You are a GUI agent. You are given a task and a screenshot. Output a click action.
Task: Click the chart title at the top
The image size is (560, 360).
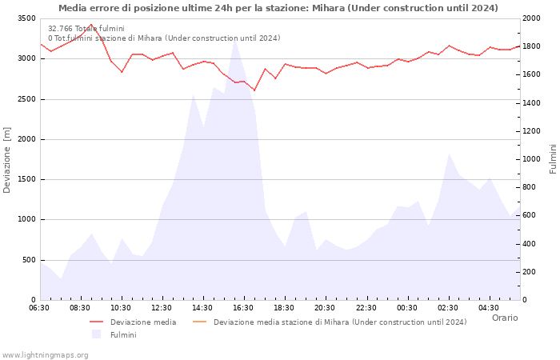coord(278,8)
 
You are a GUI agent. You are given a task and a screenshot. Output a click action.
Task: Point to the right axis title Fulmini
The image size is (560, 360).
coord(553,158)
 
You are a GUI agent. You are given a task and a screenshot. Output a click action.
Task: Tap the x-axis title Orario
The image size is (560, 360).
coord(504,318)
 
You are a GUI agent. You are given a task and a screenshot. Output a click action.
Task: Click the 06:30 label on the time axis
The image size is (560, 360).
coord(39,308)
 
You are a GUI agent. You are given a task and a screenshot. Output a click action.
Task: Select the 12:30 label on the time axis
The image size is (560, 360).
coord(162,308)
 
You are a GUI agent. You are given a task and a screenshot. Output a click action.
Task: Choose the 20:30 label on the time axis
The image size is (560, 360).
coord(325,308)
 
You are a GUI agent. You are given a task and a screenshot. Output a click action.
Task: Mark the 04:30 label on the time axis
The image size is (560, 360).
coord(488,308)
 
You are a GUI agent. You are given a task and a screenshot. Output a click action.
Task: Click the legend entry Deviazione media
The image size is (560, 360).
coord(143,322)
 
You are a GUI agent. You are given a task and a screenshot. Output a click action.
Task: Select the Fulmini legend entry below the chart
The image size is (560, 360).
coord(122,335)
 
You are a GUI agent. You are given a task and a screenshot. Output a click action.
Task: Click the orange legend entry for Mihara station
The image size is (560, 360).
coord(339,322)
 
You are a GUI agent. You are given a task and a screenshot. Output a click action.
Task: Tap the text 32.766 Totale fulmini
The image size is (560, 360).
coord(86,29)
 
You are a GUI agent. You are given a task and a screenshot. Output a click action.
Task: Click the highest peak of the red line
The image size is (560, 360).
coord(91,24)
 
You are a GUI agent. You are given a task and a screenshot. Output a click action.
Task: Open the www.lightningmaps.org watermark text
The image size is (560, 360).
coord(46,354)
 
